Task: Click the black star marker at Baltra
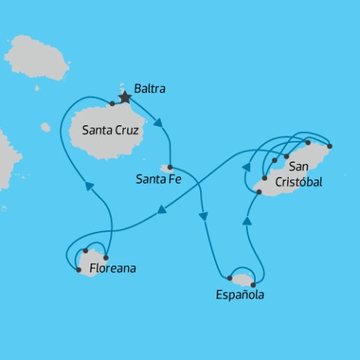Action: point(125,97)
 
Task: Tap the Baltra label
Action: point(149,89)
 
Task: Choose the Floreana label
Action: point(112,267)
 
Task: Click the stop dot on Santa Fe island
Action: point(170,167)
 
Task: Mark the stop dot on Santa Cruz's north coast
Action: point(112,103)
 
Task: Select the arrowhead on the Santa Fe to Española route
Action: point(203,216)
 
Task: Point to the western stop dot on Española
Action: point(229,277)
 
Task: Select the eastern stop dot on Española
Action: point(253,284)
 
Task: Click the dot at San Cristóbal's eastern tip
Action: point(330,145)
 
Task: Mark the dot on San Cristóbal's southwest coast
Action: point(259,193)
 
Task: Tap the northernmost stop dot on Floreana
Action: point(86,250)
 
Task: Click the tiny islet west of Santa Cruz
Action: point(46,127)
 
